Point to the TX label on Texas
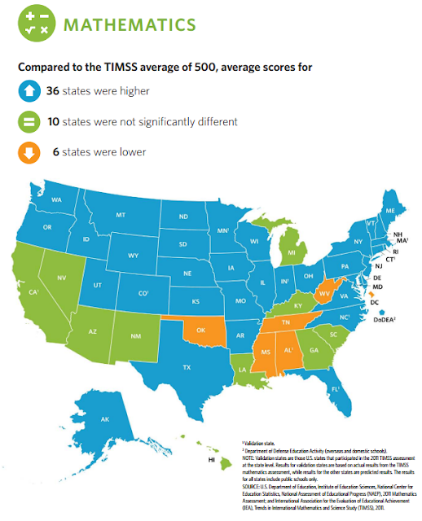[187, 368]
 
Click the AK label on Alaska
[105, 419]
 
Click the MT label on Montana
[120, 214]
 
